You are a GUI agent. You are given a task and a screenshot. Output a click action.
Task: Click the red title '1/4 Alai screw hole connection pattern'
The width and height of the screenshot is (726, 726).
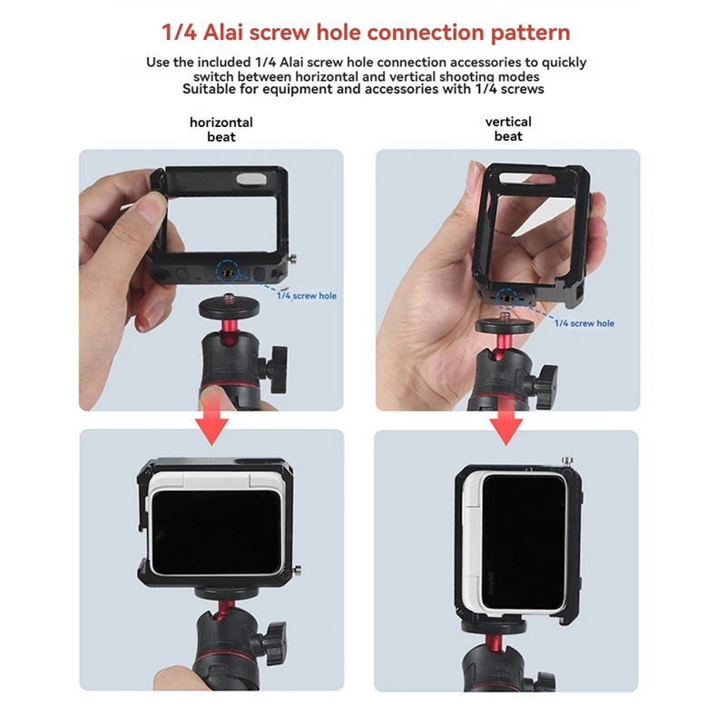pyautogui.click(x=366, y=34)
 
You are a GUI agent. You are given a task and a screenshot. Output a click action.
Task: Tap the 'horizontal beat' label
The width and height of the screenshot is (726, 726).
pyautogui.click(x=221, y=129)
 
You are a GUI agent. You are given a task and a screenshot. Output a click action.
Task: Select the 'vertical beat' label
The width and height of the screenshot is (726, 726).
pyautogui.click(x=508, y=129)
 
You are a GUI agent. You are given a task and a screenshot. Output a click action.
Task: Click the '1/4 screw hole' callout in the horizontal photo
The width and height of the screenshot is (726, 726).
pyautogui.click(x=306, y=296)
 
